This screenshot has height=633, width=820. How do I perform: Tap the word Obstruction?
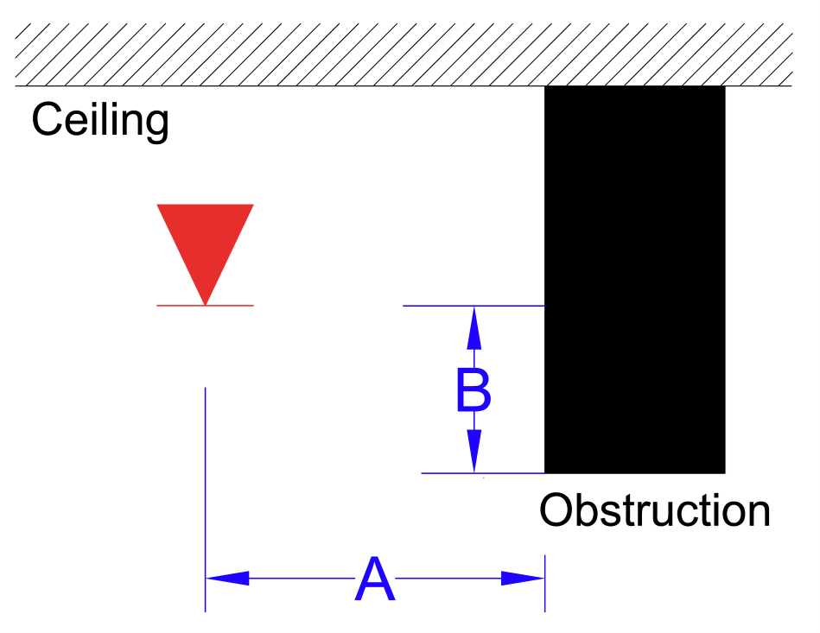click(x=654, y=510)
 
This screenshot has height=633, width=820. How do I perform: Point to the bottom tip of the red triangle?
click(x=205, y=304)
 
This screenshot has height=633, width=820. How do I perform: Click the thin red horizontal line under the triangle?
click(x=233, y=306)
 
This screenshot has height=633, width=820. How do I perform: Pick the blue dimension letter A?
click(x=374, y=580)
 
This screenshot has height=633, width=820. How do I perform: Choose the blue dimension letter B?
click(x=474, y=392)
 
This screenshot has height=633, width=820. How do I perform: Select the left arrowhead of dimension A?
click(x=226, y=579)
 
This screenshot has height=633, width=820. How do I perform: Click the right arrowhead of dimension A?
click(x=524, y=579)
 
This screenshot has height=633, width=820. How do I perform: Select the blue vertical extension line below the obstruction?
click(x=544, y=587)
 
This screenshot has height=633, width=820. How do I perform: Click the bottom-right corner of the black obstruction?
click(x=723, y=472)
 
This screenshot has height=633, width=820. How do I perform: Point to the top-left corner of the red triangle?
click(x=158, y=206)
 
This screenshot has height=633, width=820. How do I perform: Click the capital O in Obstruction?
click(x=557, y=510)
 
